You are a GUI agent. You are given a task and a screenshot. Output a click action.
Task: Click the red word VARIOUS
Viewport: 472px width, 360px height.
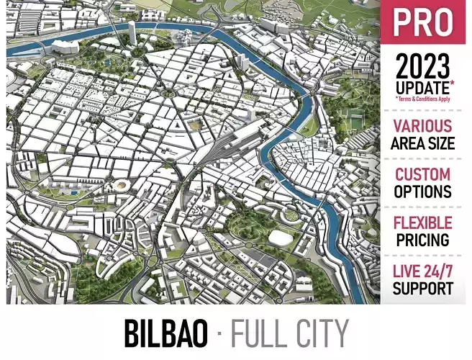tap(422, 127)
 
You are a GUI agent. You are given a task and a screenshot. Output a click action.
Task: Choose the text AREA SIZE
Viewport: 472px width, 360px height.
tap(422, 143)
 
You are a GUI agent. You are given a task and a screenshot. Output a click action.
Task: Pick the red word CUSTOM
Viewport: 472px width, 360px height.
tap(422, 175)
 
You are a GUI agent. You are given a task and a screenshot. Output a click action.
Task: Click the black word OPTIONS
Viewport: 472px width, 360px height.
tap(422, 192)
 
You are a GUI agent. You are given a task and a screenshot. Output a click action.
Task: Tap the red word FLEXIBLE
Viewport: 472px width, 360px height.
tap(422, 223)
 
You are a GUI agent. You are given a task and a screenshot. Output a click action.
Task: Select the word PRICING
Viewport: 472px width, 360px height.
tap(422, 240)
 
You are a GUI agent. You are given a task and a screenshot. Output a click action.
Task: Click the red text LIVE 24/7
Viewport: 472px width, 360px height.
tap(422, 272)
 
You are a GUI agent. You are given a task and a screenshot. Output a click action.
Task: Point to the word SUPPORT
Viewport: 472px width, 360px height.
tap(422, 288)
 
